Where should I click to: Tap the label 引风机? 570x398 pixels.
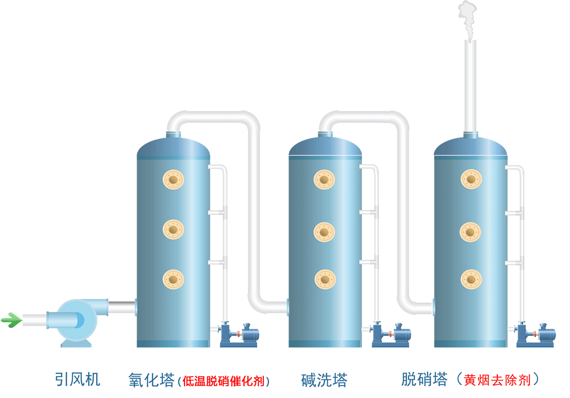click(x=77, y=379)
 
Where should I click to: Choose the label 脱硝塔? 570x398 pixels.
click(x=424, y=379)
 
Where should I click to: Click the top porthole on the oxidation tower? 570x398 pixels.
click(x=173, y=180)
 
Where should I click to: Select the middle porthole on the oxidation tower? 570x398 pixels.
click(x=173, y=229)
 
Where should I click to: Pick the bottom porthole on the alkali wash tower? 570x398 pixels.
click(x=325, y=279)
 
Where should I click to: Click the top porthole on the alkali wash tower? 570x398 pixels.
click(x=325, y=180)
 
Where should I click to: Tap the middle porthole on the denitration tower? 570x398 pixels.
click(x=471, y=232)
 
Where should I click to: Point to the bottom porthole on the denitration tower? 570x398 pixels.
click(x=471, y=279)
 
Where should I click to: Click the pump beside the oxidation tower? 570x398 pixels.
click(x=238, y=335)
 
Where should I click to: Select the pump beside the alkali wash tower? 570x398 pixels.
click(x=390, y=335)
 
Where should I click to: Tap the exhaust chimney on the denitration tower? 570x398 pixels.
click(x=470, y=87)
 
